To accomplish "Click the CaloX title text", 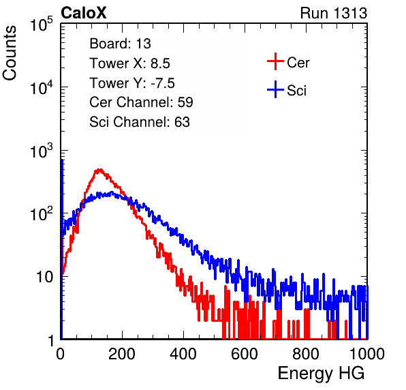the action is point(84,13).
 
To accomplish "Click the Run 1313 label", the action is point(334,13).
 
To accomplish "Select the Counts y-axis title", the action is point(10,53).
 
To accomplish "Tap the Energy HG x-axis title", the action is point(321,374).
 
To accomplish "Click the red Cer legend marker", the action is point(275,61).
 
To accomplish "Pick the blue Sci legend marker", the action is point(275,89).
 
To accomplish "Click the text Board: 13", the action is point(120,44).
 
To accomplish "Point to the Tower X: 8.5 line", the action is point(129,63).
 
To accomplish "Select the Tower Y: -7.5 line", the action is point(132,83).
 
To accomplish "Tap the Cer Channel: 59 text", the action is point(141,102).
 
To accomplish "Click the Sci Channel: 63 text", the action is point(140,122).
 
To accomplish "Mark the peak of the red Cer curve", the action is point(99,170).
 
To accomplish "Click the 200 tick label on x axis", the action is point(122,355).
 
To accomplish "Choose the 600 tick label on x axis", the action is point(245,355).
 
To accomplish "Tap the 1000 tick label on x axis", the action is point(367,355).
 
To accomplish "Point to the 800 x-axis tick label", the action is point(306,355).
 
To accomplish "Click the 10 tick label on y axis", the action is point(45,277).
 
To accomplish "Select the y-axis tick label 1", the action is point(50,340).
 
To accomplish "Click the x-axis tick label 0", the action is point(61,355).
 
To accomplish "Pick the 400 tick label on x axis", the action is point(183,355).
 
